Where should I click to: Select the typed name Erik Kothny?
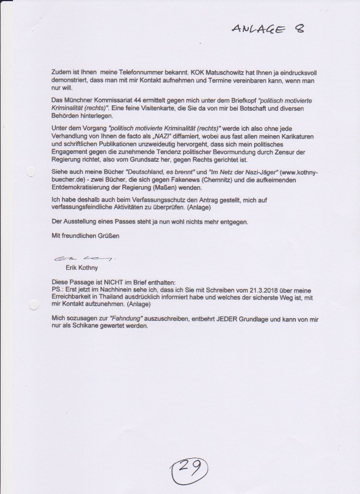tap(81, 267)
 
